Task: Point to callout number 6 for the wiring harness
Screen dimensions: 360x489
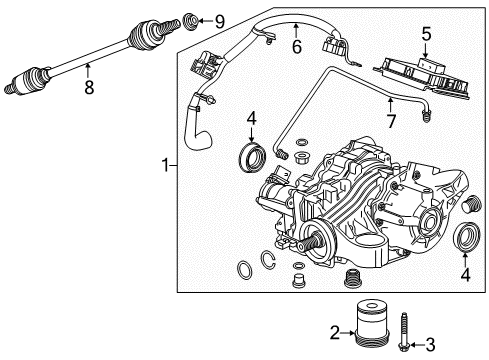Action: pyautogui.click(x=296, y=45)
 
